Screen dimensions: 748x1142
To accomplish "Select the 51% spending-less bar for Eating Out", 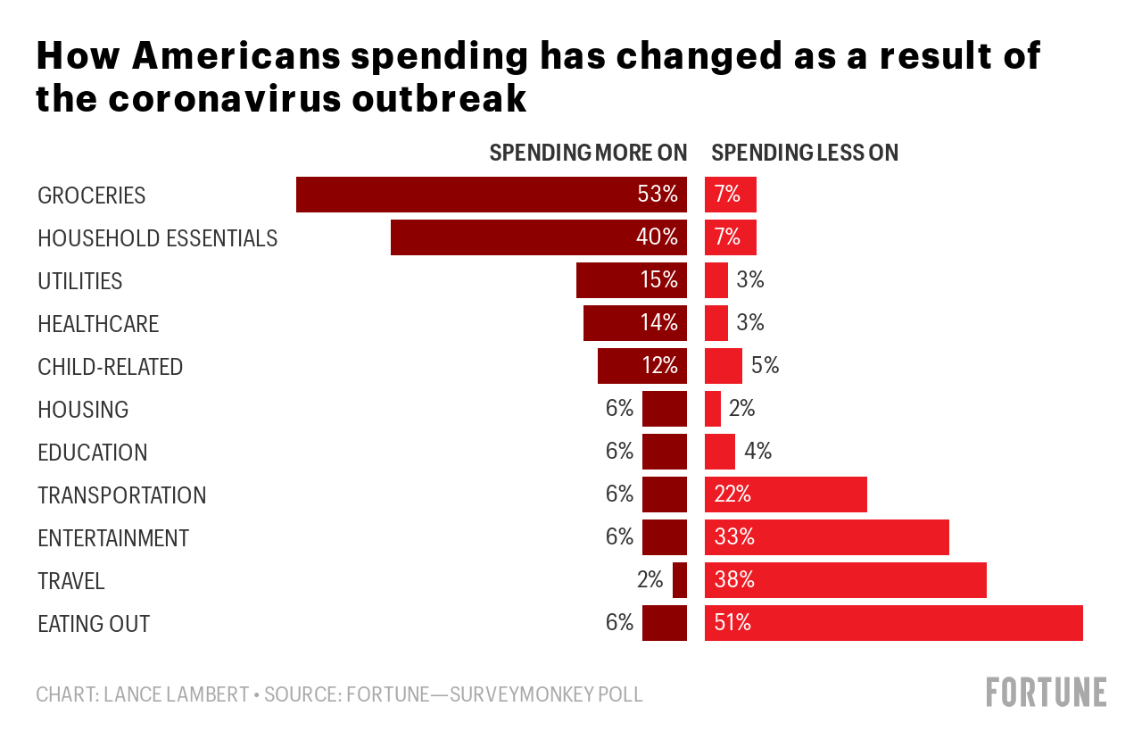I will [x=893, y=623].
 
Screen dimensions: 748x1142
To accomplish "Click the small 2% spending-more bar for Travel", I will [x=680, y=580].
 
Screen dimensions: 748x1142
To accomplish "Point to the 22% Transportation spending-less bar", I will [x=785, y=495].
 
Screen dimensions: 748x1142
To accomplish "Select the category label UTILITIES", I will [x=80, y=281].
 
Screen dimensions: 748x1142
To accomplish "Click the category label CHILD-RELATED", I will [x=110, y=367].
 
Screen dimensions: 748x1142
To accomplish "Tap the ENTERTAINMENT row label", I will [x=113, y=538].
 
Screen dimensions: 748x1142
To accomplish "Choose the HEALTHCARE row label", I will [x=98, y=324].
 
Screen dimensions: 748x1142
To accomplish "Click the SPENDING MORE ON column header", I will [x=588, y=153].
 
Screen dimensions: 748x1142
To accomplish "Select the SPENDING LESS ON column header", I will [x=805, y=153].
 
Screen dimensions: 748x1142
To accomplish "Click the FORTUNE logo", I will [x=1046, y=693].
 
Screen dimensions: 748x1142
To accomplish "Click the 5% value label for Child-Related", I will [x=765, y=366].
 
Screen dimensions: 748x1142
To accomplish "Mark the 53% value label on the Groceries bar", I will [x=658, y=195].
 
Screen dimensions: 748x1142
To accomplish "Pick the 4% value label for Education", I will [x=757, y=452].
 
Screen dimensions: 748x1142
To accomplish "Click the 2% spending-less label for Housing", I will [x=741, y=409].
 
